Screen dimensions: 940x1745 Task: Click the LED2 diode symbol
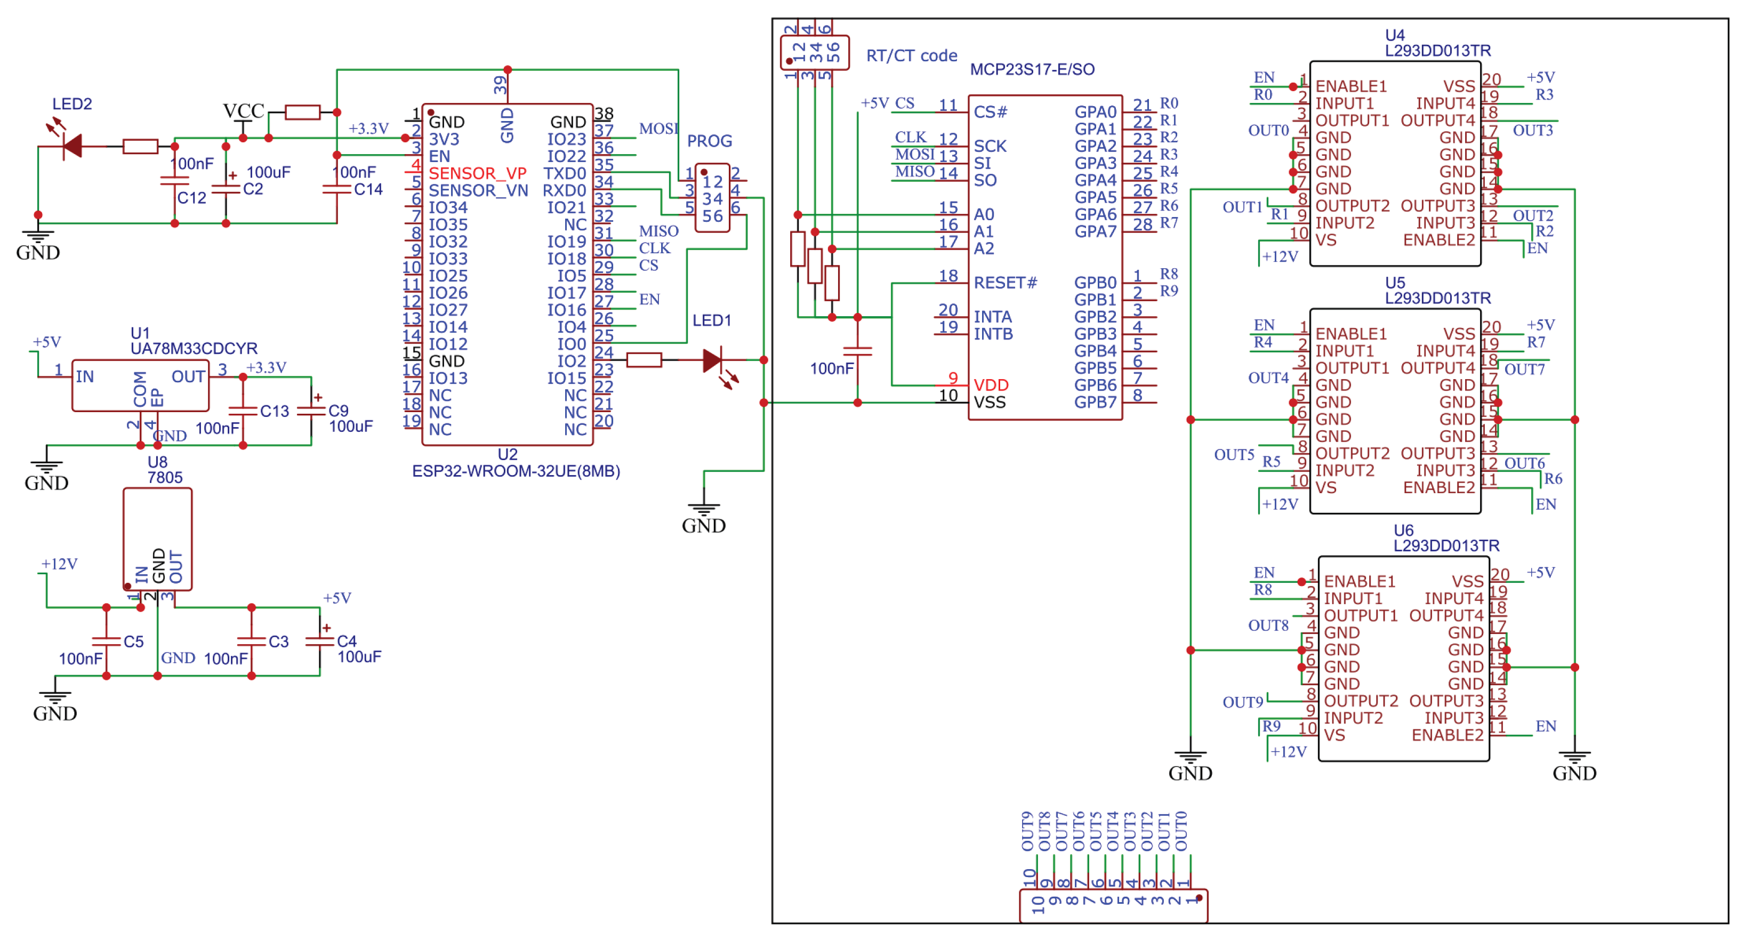72,146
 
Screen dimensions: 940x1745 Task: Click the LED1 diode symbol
713,360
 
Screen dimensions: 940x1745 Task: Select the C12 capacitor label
192,198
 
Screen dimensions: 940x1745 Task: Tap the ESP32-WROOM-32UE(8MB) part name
516,471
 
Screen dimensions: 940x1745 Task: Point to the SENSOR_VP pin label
478,173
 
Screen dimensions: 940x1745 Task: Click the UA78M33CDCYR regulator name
194,349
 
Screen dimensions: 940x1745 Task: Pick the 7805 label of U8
165,477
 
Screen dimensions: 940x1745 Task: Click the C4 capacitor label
347,641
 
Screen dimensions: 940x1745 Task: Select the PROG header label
709,141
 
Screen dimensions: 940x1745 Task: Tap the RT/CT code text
911,56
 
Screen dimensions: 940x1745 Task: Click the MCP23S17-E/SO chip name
1032,70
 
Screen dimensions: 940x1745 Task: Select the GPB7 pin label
1095,402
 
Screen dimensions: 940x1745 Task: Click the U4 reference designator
1395,35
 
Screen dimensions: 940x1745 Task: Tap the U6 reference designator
1404,531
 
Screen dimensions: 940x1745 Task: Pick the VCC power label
243,111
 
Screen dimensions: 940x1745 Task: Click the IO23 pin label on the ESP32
566,140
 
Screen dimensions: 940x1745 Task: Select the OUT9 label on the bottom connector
1027,832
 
